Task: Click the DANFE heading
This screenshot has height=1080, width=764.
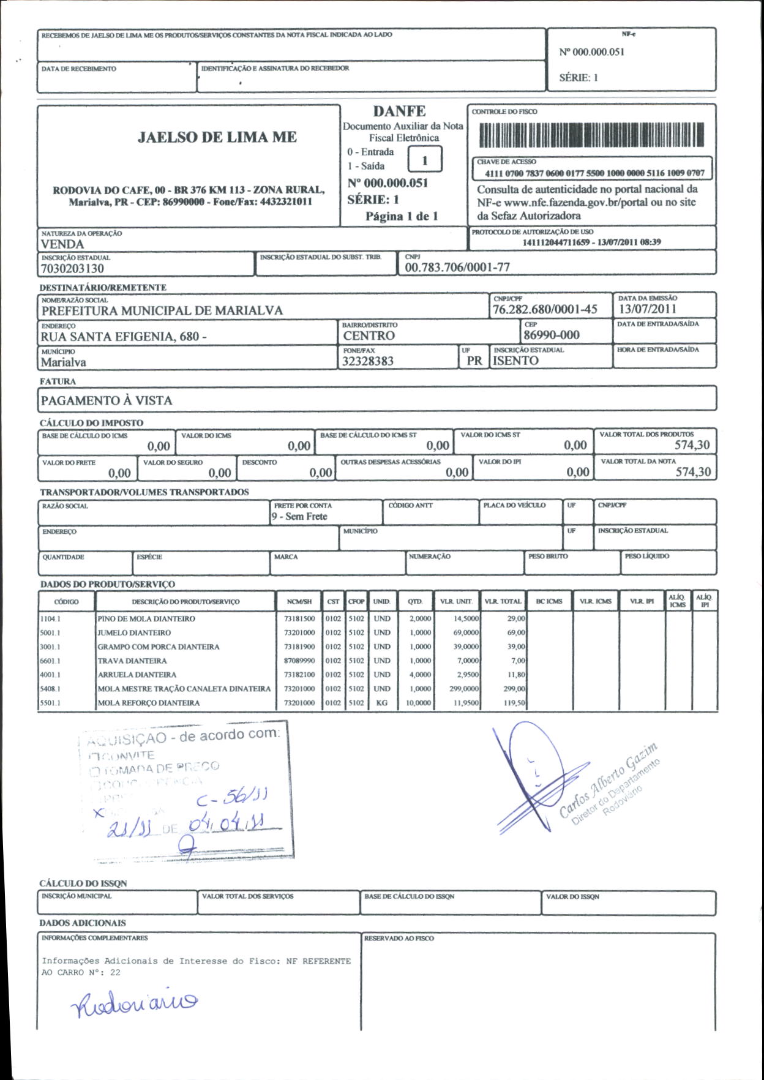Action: tap(399, 111)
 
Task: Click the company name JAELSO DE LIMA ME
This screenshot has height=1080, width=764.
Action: tap(217, 137)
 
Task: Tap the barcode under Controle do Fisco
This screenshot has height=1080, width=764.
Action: tap(591, 135)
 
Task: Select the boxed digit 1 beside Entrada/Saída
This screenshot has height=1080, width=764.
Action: tap(425, 161)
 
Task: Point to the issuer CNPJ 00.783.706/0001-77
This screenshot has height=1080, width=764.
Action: tap(457, 268)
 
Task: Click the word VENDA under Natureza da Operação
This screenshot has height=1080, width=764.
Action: tap(62, 244)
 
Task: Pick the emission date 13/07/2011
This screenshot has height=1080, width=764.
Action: tap(647, 309)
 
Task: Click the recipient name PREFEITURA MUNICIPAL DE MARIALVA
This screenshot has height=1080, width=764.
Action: tap(162, 311)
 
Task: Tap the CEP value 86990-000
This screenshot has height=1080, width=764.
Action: tap(551, 336)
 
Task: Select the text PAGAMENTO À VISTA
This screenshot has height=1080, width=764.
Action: tap(107, 401)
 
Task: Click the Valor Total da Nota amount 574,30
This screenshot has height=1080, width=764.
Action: tap(693, 472)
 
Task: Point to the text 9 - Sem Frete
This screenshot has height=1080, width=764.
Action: tap(300, 517)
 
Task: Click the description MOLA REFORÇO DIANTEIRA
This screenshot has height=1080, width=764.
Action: tap(149, 703)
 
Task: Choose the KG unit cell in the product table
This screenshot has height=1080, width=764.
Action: tap(382, 703)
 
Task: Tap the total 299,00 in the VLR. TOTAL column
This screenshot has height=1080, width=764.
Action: tap(514, 689)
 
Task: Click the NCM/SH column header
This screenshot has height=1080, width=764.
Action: tap(299, 602)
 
